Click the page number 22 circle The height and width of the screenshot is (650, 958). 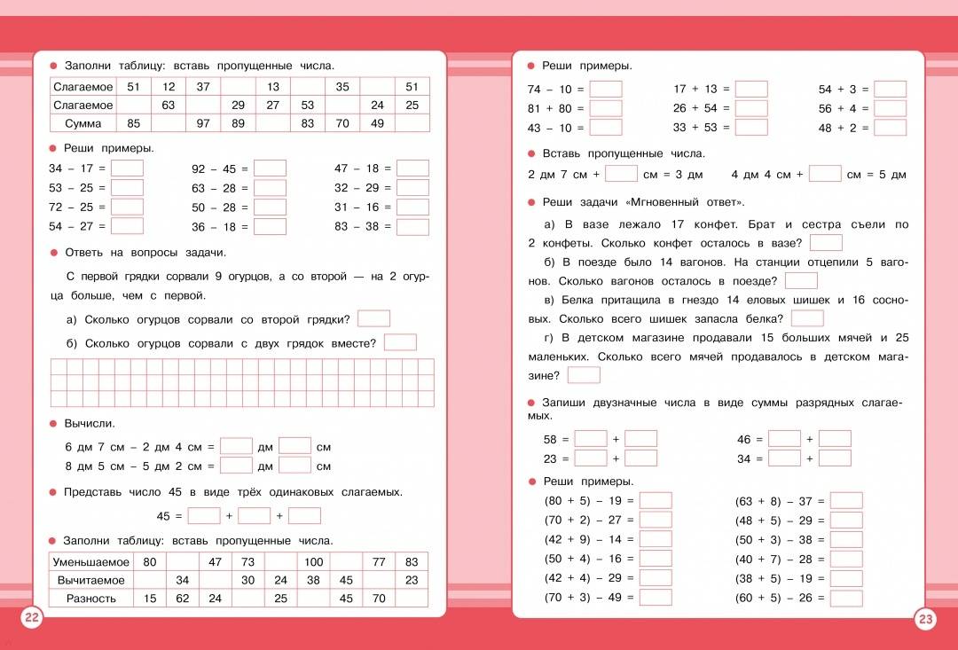pyautogui.click(x=32, y=618)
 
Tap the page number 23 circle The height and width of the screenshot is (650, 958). pyautogui.click(x=925, y=619)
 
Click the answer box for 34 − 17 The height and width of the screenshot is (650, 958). pyautogui.click(x=127, y=168)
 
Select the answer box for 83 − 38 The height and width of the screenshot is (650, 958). pyautogui.click(x=412, y=227)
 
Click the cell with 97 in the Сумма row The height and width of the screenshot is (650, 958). pyautogui.click(x=203, y=123)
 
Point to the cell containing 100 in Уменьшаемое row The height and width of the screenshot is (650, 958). pyautogui.click(x=313, y=562)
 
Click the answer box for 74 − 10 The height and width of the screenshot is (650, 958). pyautogui.click(x=606, y=90)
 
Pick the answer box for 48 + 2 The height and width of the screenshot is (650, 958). pyautogui.click(x=890, y=128)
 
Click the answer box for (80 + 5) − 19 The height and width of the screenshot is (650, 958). pyautogui.click(x=656, y=501)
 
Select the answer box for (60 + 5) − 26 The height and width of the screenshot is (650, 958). pyautogui.click(x=846, y=599)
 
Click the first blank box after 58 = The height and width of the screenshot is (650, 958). pyautogui.click(x=591, y=439)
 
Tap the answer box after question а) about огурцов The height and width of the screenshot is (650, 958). pyautogui.click(x=373, y=319)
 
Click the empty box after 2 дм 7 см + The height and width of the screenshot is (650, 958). pyautogui.click(x=621, y=175)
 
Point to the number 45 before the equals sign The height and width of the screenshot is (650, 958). pyautogui.click(x=163, y=516)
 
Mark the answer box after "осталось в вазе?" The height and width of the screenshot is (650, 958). pyautogui.click(x=826, y=243)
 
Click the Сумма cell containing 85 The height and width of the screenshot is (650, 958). pyautogui.click(x=134, y=123)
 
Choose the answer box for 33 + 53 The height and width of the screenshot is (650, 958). pyautogui.click(x=750, y=128)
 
